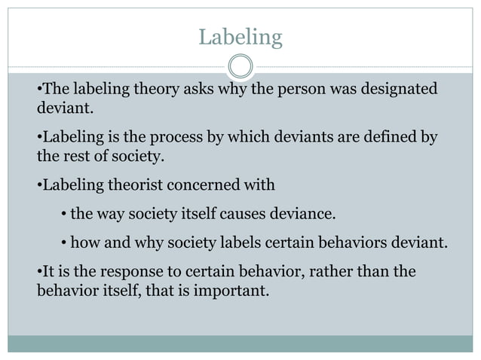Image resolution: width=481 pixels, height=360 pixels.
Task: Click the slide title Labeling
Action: click(x=240, y=36)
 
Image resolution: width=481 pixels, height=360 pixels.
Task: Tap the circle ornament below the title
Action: click(x=240, y=66)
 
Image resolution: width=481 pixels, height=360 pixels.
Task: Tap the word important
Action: click(x=229, y=288)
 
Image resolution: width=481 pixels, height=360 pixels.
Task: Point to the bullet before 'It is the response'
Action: click(x=39, y=271)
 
